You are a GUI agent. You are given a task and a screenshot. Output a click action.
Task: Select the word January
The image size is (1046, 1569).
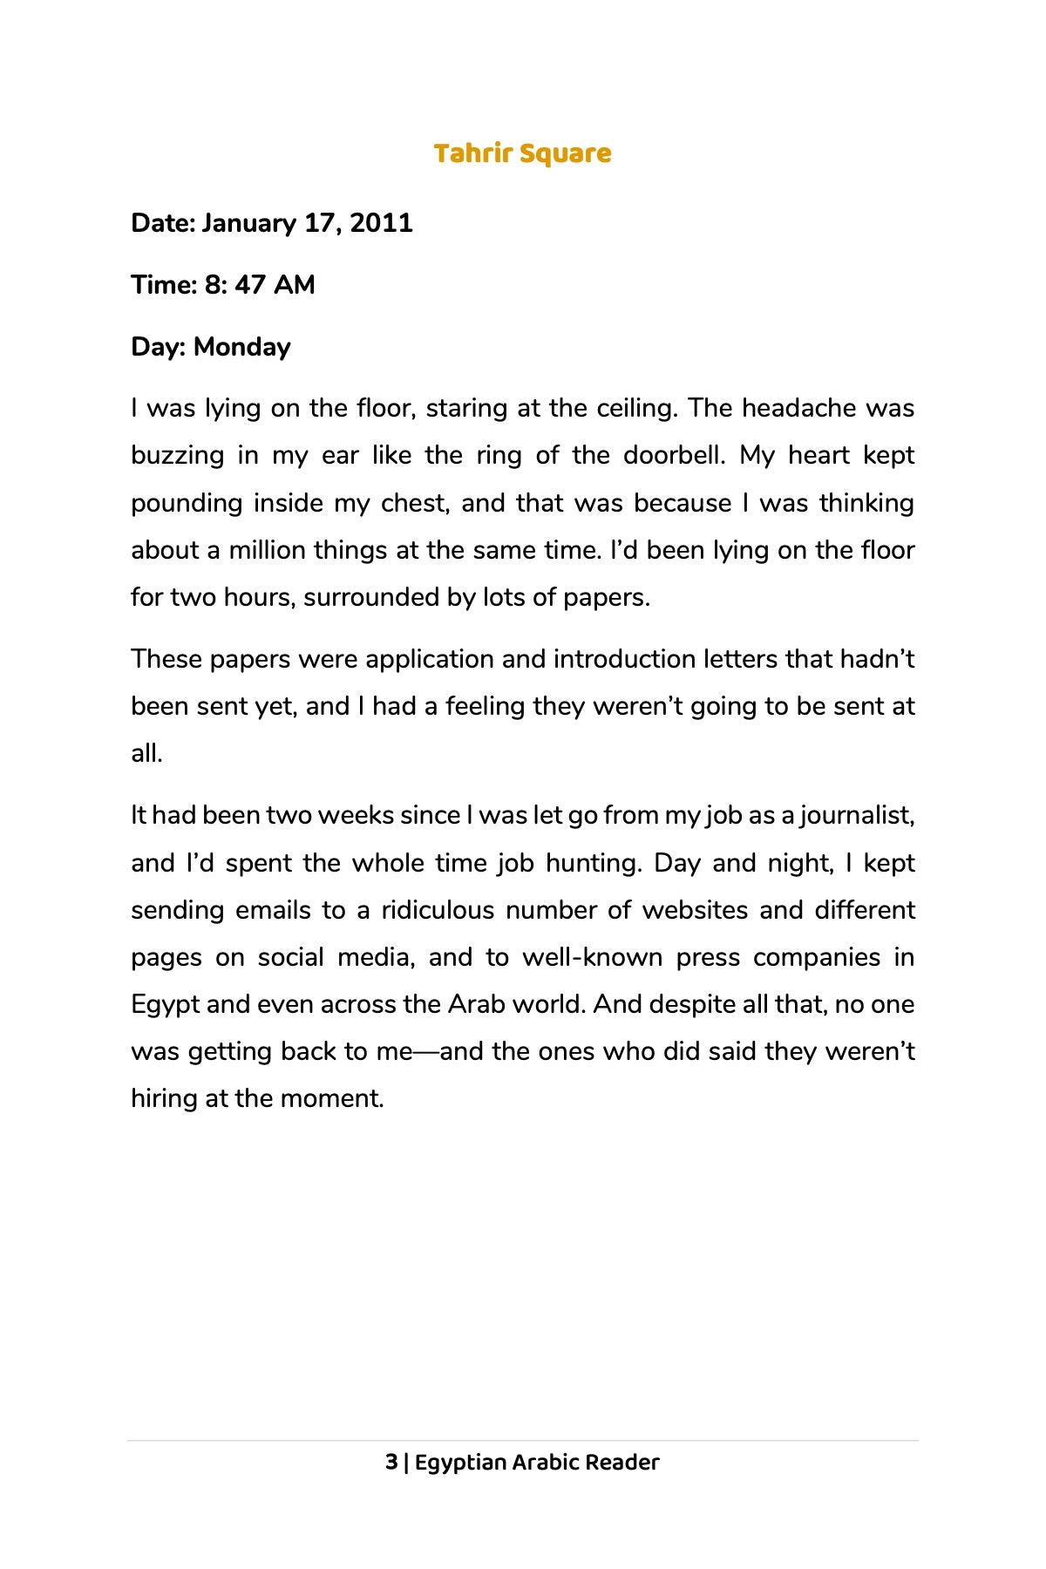click(248, 223)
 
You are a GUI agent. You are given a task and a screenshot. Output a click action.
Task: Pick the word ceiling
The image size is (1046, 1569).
click(636, 408)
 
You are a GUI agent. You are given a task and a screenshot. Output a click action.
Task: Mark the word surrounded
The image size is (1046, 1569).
click(373, 597)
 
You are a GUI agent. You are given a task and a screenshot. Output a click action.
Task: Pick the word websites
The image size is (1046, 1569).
click(695, 910)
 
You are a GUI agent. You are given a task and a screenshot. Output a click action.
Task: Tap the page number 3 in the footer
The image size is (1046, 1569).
click(391, 1463)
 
